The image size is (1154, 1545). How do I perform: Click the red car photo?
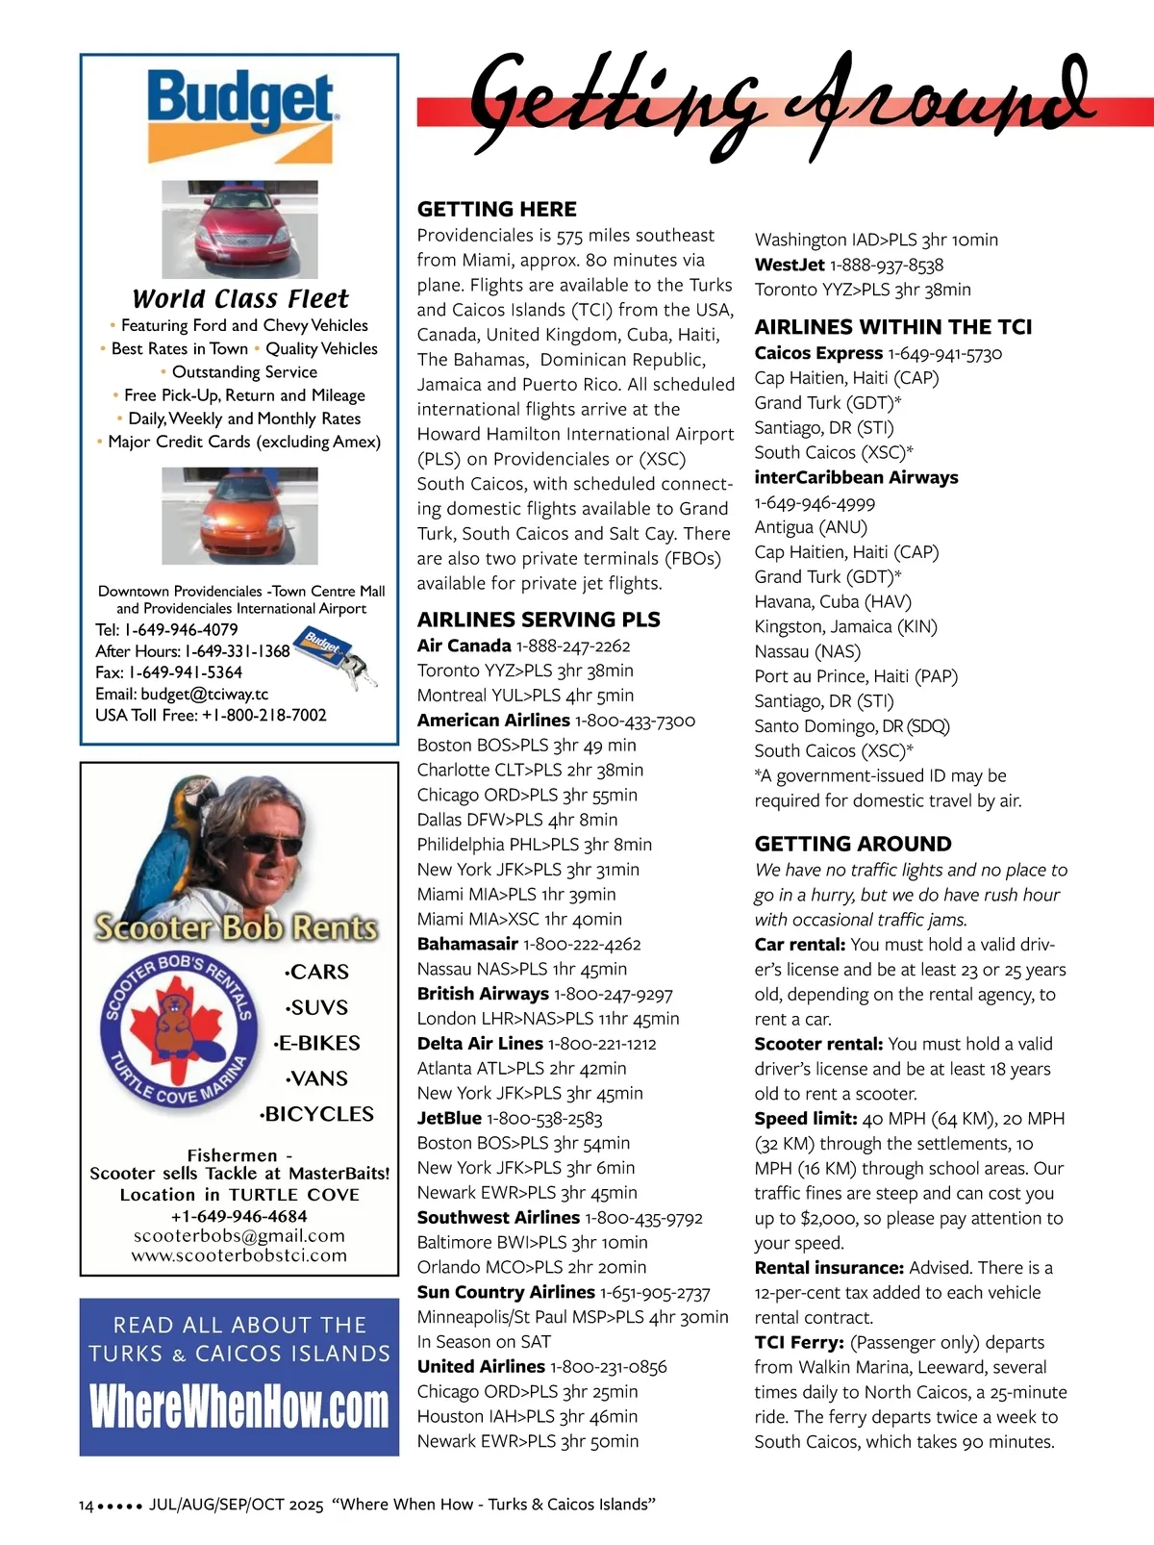[239, 229]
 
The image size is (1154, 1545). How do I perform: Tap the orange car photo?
[239, 516]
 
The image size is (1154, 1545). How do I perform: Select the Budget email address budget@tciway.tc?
[204, 694]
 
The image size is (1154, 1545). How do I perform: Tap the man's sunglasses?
[272, 845]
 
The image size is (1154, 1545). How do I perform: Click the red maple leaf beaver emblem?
[179, 1030]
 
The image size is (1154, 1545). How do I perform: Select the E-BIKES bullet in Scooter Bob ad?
[317, 1043]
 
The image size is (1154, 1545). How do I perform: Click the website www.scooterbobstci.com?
[239, 1255]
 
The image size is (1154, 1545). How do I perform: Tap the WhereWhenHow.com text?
[239, 1407]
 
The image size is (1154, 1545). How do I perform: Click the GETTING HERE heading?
[497, 209]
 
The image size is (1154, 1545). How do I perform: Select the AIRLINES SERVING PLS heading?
[539, 620]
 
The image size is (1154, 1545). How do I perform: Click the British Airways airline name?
[483, 994]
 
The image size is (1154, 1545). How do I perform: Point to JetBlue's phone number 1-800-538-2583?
[544, 1118]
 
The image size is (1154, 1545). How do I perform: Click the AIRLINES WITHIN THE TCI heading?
[893, 327]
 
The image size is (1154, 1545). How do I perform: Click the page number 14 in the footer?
[87, 1505]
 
